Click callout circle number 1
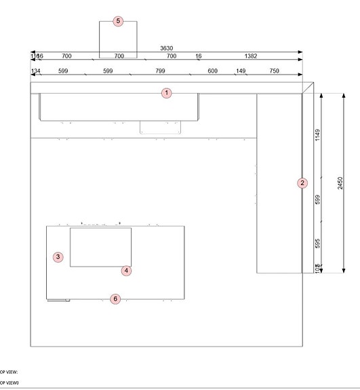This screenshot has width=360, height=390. point(167,92)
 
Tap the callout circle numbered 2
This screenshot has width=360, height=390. point(302,182)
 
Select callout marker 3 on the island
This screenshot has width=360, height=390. point(58,256)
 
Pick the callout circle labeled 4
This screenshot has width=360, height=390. point(126,271)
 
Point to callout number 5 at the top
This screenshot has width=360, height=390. point(118,21)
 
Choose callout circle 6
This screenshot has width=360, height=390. point(115,298)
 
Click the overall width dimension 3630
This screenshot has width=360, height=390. point(166,48)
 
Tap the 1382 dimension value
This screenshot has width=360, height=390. point(249,56)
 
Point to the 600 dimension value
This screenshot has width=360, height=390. point(213,71)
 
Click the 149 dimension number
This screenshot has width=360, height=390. point(241,71)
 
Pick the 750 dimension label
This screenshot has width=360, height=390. point(275,71)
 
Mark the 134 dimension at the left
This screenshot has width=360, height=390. point(36,71)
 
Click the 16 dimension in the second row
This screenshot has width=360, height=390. point(199,56)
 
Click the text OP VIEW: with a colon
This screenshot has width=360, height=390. point(9,372)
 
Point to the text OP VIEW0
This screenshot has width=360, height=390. point(9,383)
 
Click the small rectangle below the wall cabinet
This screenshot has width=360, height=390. point(161,128)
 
